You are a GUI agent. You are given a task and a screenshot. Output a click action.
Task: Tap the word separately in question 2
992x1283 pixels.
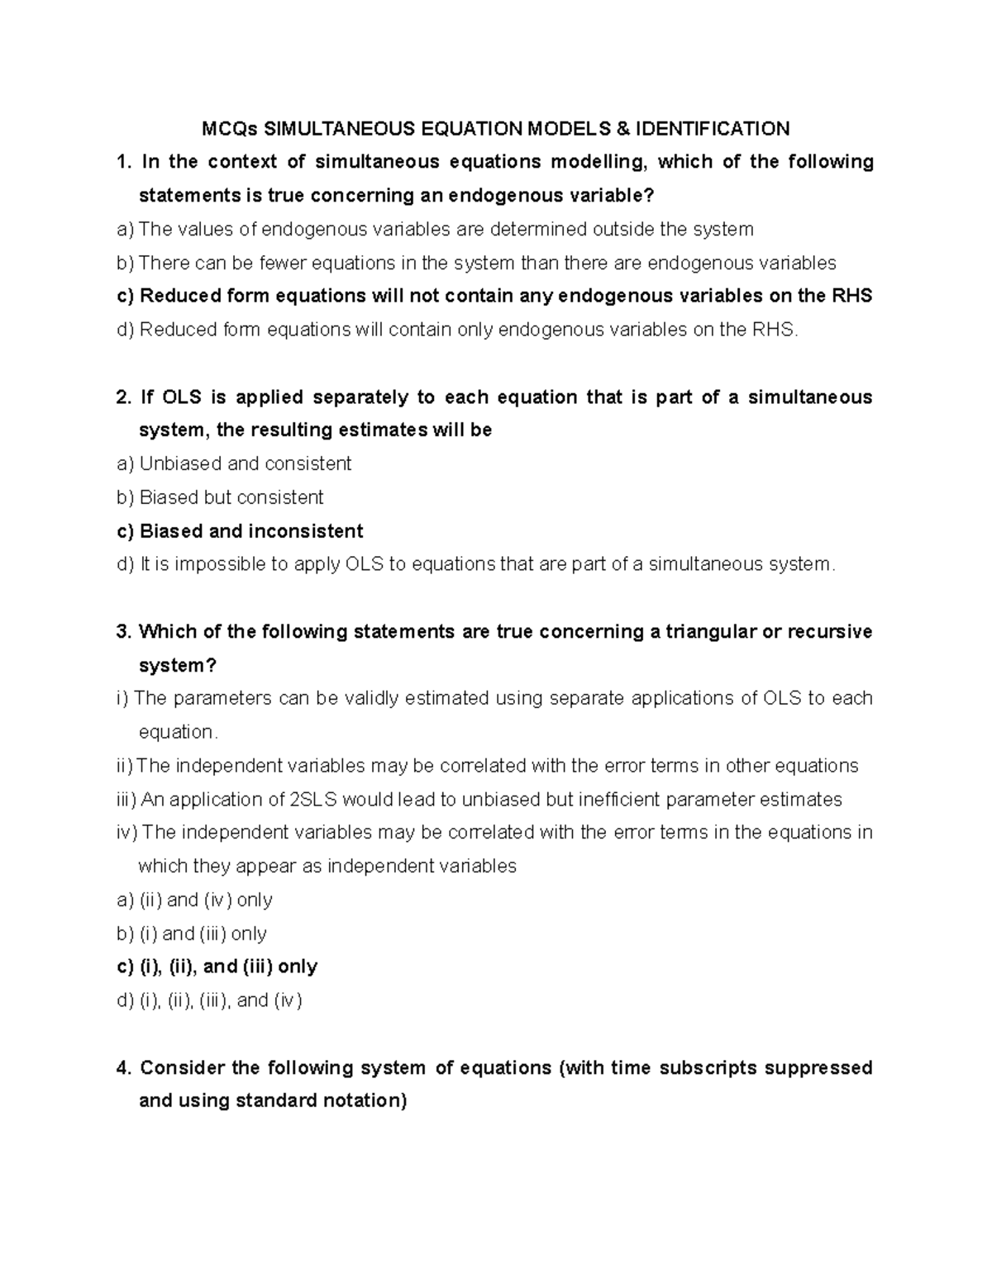(x=360, y=397)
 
